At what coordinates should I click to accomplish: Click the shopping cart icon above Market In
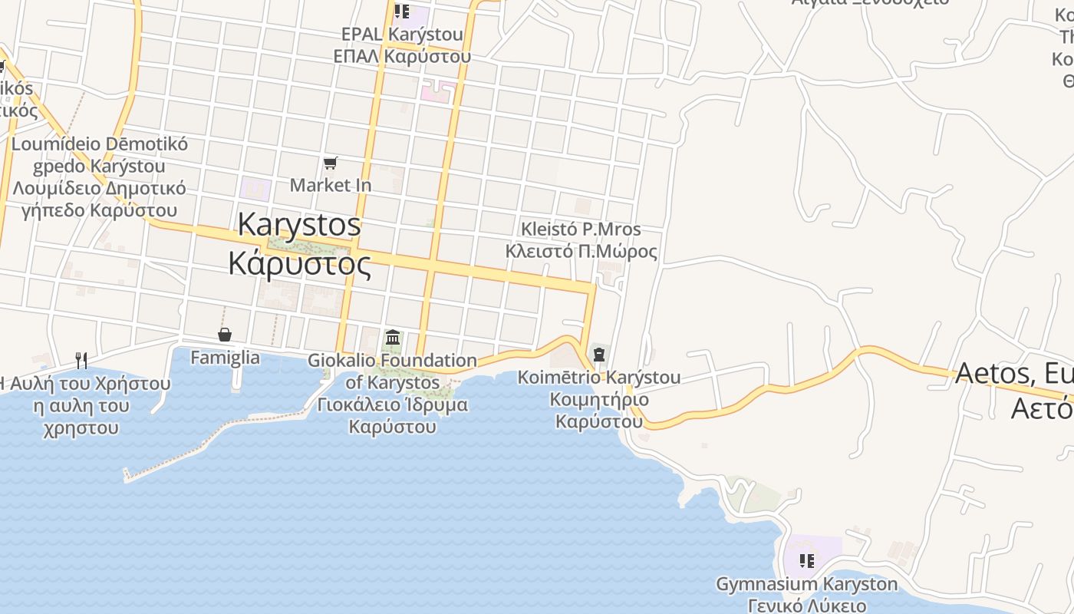tap(331, 163)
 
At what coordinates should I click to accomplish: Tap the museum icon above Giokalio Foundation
tap(393, 337)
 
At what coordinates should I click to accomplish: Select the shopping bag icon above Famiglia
tap(225, 335)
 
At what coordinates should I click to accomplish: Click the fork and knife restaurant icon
tap(81, 359)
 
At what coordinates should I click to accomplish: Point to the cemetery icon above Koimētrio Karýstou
tap(598, 355)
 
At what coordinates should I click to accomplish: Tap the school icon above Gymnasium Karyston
tap(805, 561)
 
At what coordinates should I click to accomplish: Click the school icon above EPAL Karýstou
tap(401, 12)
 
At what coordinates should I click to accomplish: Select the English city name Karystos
tap(299, 224)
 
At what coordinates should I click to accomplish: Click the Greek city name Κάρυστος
tap(300, 263)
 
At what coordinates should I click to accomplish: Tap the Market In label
tap(331, 185)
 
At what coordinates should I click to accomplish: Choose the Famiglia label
tap(225, 358)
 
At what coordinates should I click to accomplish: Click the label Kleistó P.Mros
tap(581, 229)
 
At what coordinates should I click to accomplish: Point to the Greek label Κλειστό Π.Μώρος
tap(581, 252)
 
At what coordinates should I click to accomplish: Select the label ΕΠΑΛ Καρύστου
tap(402, 56)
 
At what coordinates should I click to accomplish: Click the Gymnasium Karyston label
tap(806, 584)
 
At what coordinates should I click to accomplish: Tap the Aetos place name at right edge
tap(1013, 374)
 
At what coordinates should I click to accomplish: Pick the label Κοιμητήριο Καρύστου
tap(599, 410)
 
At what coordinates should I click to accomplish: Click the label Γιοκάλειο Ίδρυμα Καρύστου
tap(393, 415)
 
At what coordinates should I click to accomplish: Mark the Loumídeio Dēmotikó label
tap(100, 144)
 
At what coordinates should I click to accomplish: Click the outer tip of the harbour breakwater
tap(127, 477)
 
